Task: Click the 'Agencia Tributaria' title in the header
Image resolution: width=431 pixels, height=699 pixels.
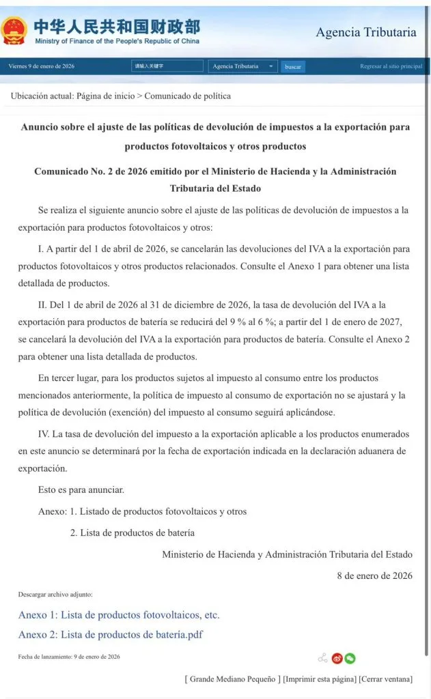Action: click(x=365, y=33)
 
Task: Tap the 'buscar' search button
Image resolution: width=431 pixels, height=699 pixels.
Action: click(x=293, y=67)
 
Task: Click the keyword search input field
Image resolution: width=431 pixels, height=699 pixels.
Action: click(x=167, y=66)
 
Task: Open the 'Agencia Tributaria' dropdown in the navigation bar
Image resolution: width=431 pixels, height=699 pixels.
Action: click(x=242, y=66)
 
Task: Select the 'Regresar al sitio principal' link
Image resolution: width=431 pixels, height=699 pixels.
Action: click(x=391, y=66)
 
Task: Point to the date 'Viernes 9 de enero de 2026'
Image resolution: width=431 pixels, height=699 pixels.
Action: click(x=42, y=66)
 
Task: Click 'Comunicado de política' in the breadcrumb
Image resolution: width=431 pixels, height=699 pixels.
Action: click(x=187, y=96)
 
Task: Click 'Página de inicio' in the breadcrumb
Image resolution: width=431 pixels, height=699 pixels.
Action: click(x=105, y=96)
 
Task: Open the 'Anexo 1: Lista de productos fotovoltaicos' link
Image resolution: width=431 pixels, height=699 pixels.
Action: click(x=119, y=615)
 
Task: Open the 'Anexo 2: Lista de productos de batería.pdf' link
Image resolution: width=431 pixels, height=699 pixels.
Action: click(x=111, y=635)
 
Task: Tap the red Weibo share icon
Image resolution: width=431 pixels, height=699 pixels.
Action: click(x=337, y=658)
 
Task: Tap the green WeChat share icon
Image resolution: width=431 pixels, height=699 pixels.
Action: click(x=350, y=658)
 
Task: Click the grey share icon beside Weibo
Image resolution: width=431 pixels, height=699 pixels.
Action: click(x=322, y=658)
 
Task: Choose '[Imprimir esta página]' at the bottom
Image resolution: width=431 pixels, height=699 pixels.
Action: click(x=320, y=679)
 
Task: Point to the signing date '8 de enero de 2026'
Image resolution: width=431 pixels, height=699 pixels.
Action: click(x=374, y=575)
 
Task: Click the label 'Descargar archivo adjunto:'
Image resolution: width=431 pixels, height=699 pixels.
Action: click(x=55, y=595)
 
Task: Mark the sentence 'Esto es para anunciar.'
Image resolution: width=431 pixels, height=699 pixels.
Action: click(x=81, y=489)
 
